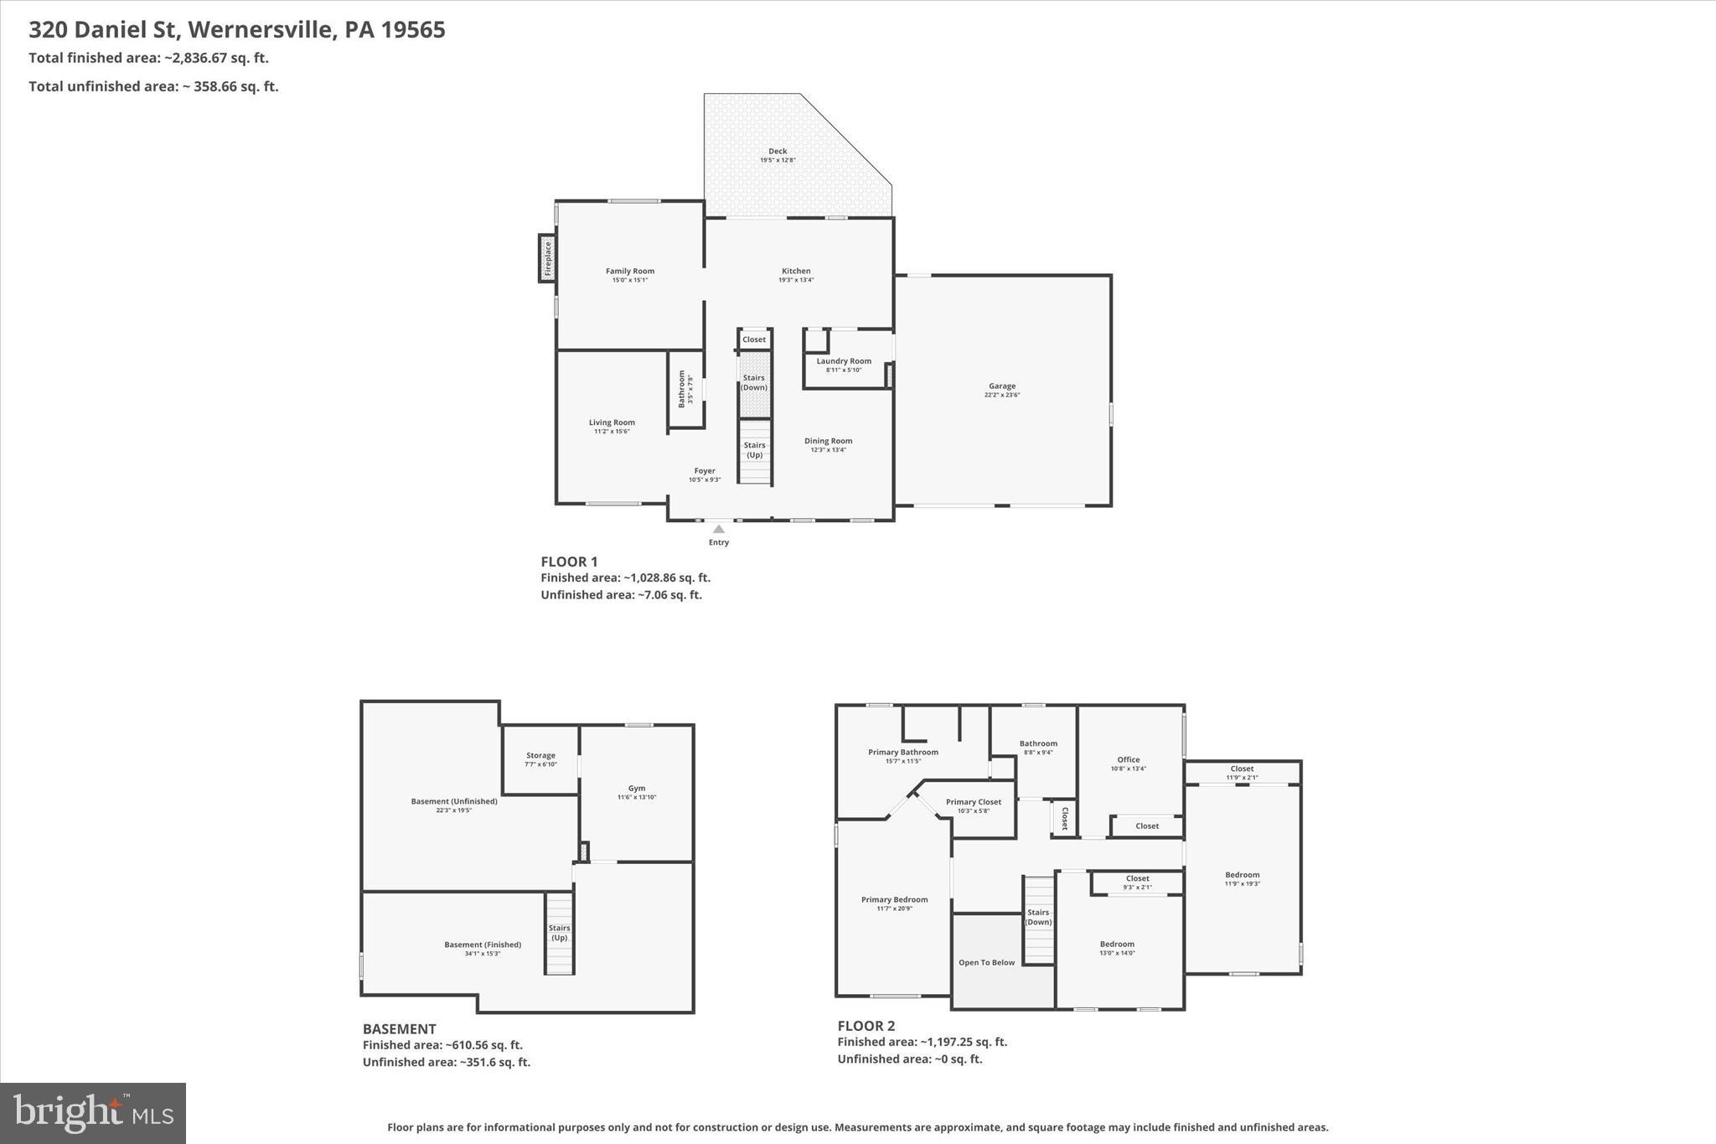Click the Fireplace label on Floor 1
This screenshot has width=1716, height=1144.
tap(548, 258)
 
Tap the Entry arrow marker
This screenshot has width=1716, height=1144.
tap(719, 529)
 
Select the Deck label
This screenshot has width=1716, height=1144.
tap(778, 152)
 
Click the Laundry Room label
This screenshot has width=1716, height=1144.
tap(844, 361)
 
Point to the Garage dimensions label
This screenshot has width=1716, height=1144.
tap(1002, 396)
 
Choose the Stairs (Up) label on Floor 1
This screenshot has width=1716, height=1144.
tap(754, 450)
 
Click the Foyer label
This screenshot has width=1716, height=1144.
tap(705, 471)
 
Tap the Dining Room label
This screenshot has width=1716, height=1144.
tap(828, 441)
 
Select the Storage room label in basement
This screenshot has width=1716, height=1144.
tap(540, 755)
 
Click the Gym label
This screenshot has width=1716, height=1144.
tap(637, 788)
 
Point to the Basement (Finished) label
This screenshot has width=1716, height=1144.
tap(483, 945)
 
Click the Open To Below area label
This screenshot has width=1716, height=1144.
tap(986, 962)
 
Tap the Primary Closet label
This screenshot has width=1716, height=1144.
tap(974, 802)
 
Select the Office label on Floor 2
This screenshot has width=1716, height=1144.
tap(1128, 759)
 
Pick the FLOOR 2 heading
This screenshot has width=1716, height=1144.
tap(866, 1026)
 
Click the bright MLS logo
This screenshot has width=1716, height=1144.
tap(93, 1113)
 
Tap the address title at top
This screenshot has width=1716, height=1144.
tap(237, 30)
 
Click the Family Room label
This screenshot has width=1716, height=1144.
tap(630, 271)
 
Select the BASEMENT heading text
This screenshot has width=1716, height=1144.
tap(399, 1029)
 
